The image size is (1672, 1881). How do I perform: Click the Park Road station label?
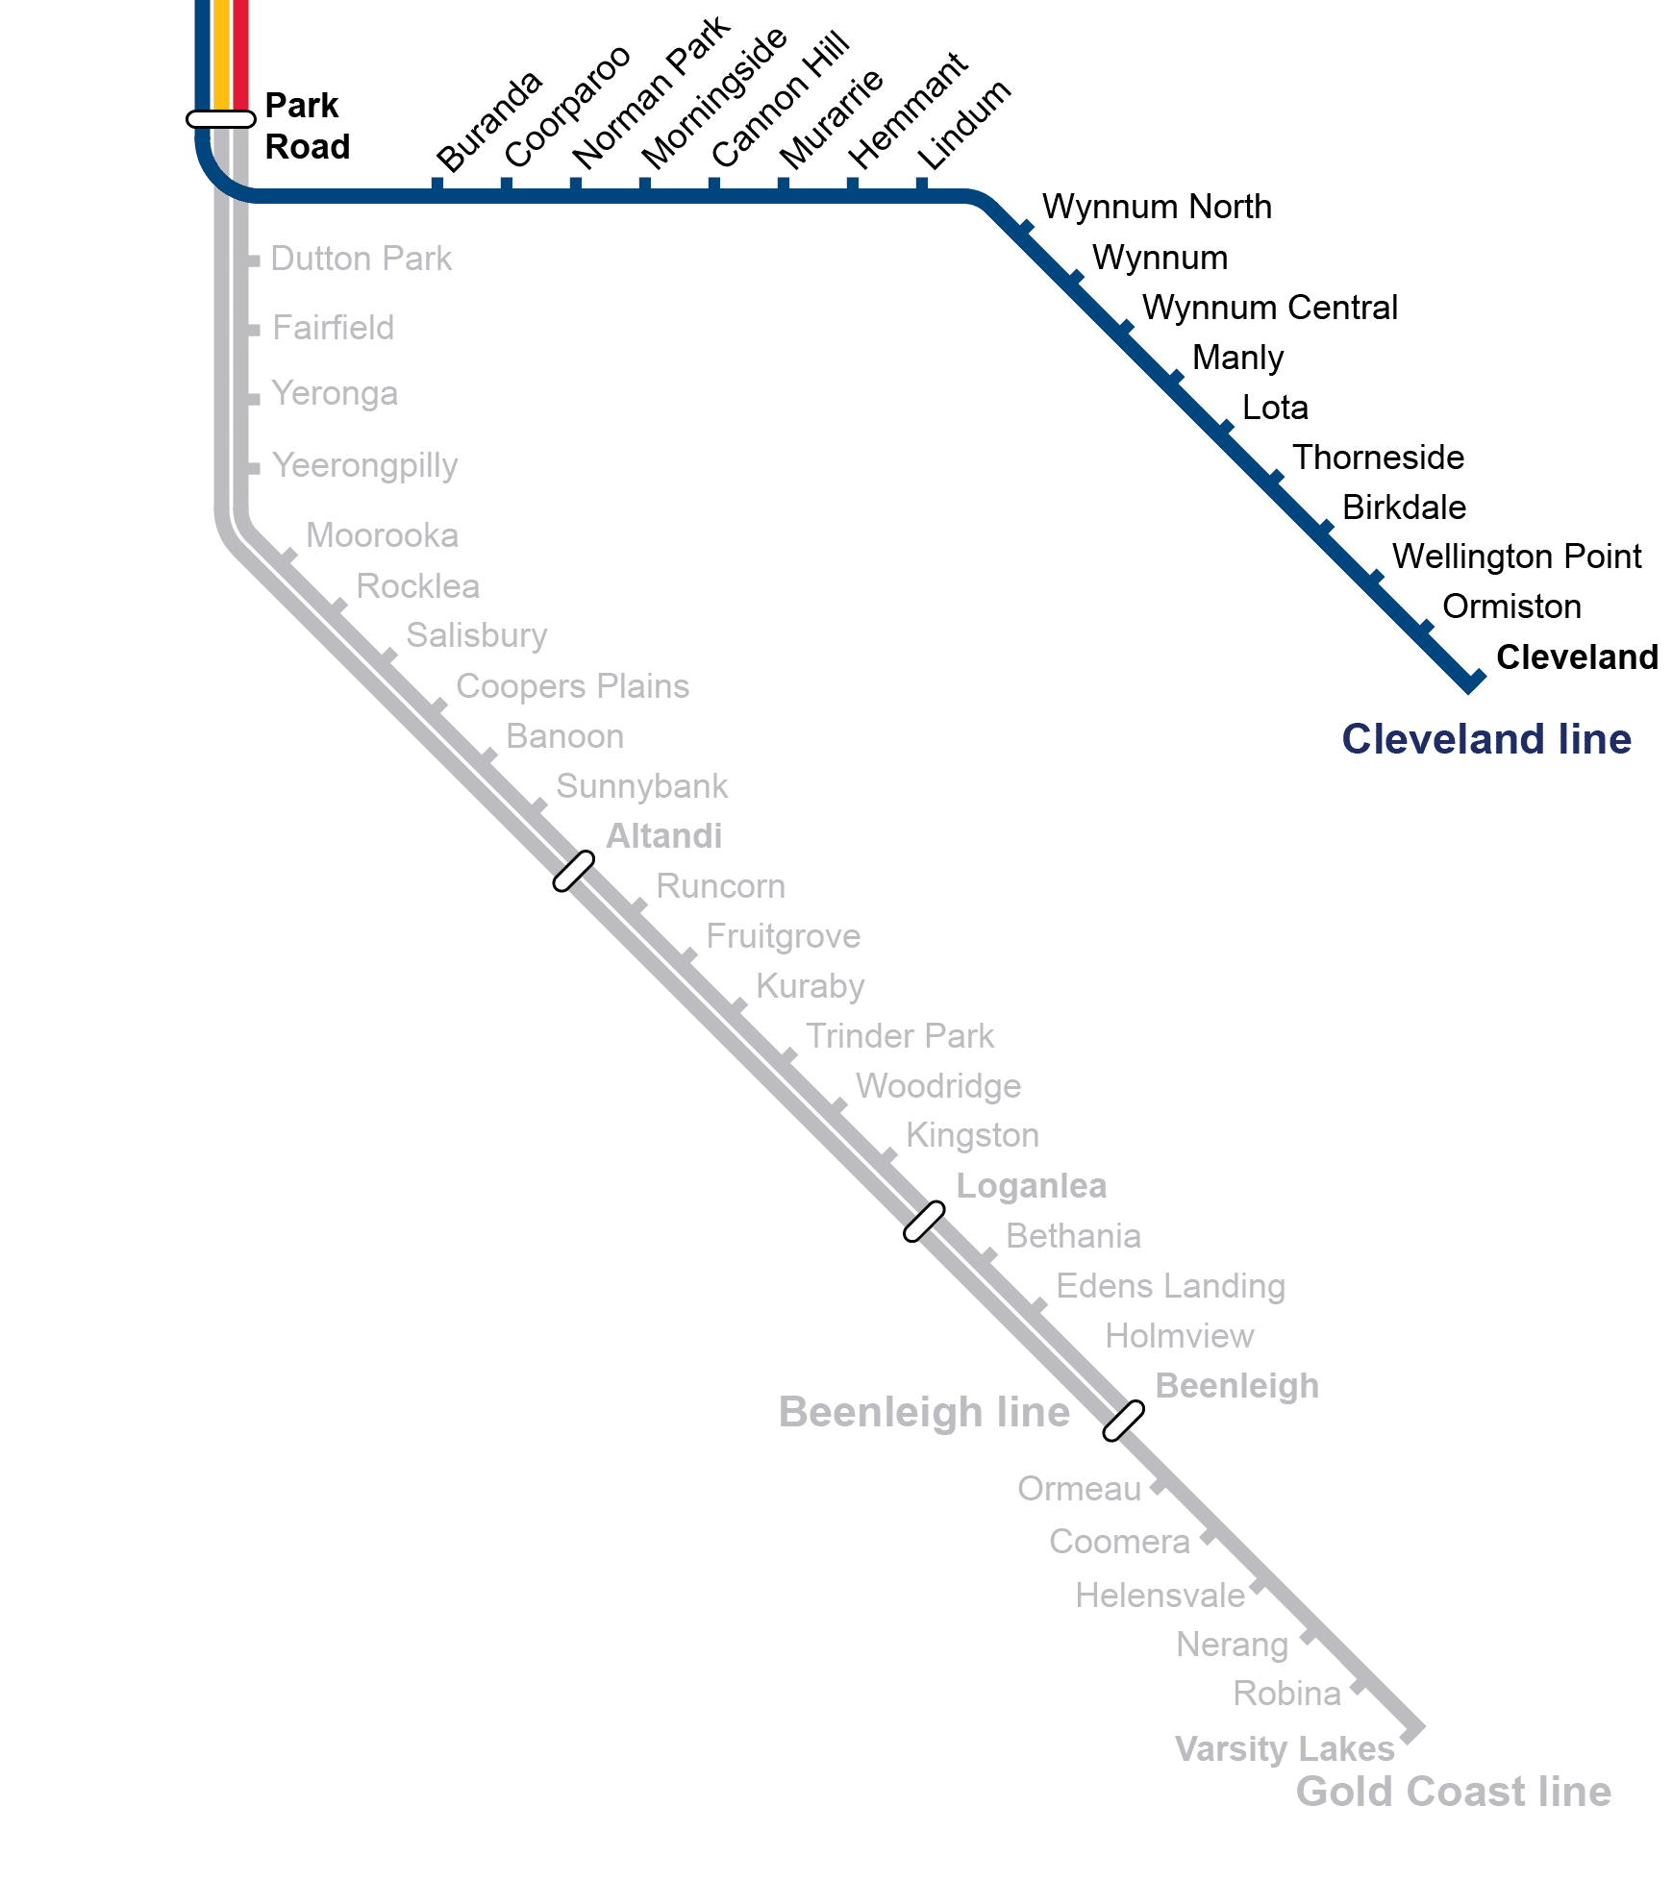(x=306, y=126)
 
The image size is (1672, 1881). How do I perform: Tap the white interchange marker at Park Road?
(x=221, y=119)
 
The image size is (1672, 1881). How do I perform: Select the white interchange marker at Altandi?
(x=573, y=872)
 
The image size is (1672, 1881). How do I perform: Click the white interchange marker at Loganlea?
(x=924, y=1221)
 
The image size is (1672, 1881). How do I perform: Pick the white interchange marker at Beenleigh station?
(x=1123, y=1421)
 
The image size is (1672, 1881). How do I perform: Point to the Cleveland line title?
(x=1485, y=739)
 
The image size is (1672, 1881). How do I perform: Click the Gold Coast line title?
(x=1453, y=1792)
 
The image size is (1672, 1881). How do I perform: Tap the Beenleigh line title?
(x=924, y=1412)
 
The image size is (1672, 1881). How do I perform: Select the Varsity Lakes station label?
(x=1285, y=1748)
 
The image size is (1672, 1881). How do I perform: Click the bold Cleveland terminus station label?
(x=1577, y=656)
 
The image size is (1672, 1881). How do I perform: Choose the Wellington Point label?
(x=1516, y=557)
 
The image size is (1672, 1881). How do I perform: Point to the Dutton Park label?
(x=361, y=259)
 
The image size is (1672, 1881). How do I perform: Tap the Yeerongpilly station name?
(x=364, y=465)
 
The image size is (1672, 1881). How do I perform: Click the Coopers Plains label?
(x=572, y=686)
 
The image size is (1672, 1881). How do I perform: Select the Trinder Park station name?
(x=899, y=1036)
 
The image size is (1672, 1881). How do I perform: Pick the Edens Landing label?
(x=1170, y=1286)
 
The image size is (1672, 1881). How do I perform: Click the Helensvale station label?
(x=1160, y=1596)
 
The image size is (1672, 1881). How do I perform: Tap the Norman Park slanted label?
(x=650, y=93)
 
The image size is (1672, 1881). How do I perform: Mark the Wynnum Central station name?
(x=1269, y=308)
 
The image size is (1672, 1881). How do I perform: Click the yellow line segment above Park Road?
(x=221, y=48)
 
